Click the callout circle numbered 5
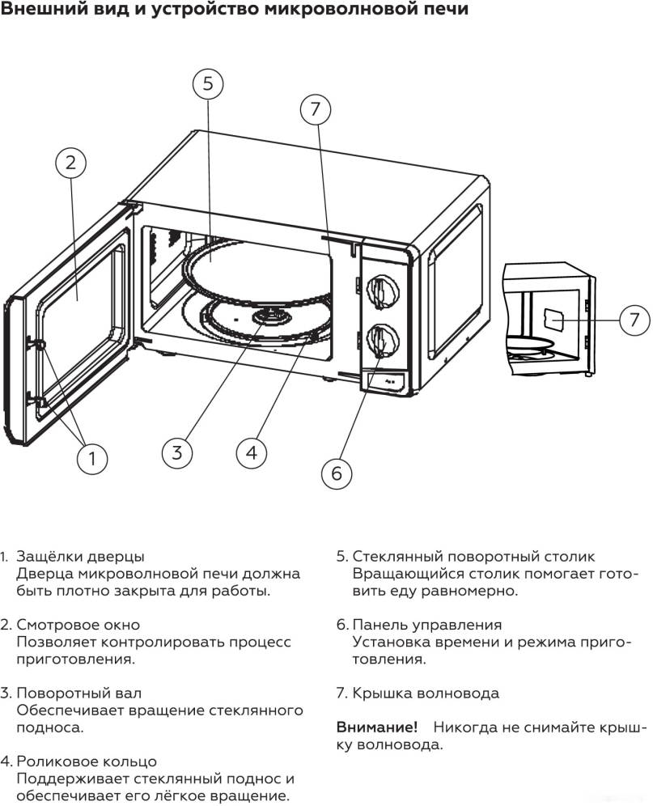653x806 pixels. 208,83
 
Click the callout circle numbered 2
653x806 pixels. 70,163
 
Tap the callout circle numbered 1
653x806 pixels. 91,459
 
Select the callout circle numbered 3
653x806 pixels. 177,452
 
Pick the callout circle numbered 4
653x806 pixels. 252,452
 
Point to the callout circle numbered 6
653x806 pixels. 337,473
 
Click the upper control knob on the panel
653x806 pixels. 382,289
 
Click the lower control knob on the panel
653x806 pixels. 382,340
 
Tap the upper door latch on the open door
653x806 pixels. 39,343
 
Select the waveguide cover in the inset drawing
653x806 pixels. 554,319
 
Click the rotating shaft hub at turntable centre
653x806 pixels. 266,316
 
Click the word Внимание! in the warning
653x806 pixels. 377,727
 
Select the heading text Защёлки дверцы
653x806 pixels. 80,557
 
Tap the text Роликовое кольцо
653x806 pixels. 86,761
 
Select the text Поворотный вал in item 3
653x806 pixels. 78,694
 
